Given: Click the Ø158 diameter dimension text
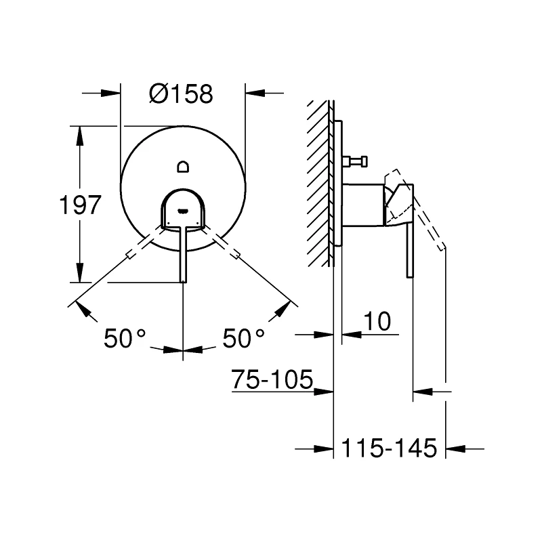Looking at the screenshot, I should coord(181,95).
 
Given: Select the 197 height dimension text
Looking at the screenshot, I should coord(79,205).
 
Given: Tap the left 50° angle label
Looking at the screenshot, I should coord(125,338).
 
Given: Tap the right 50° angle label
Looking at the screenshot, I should coord(243,338).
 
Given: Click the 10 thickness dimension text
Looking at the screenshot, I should coord(376,322).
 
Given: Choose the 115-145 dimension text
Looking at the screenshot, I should coord(390,448).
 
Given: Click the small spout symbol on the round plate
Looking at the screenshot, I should coord(183,166).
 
